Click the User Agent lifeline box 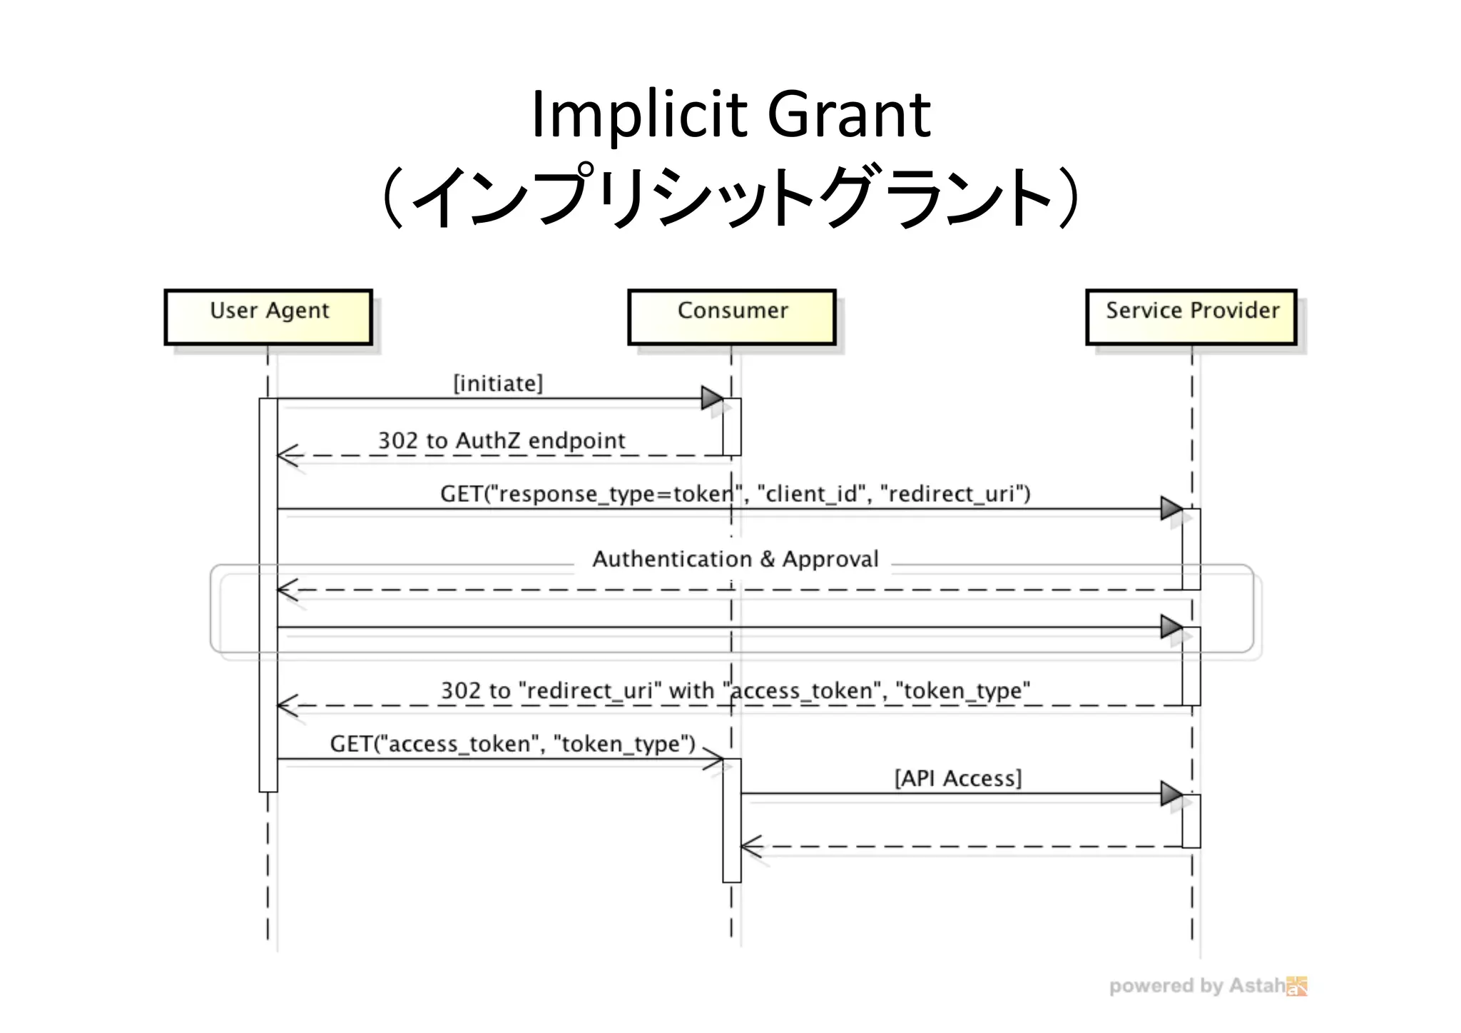point(268,317)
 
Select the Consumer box point(732,317)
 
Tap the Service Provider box point(1191,317)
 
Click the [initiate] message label point(498,383)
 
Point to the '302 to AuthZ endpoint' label point(502,440)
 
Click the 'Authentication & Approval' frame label point(735,559)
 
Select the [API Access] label point(958,778)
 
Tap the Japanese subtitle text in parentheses point(730,196)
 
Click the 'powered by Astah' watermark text point(1196,986)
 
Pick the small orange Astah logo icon point(1297,986)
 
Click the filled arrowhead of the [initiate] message point(712,398)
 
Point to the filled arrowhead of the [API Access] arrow point(1171,793)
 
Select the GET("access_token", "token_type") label point(512,744)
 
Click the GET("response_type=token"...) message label point(735,494)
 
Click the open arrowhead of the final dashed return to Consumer point(750,847)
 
